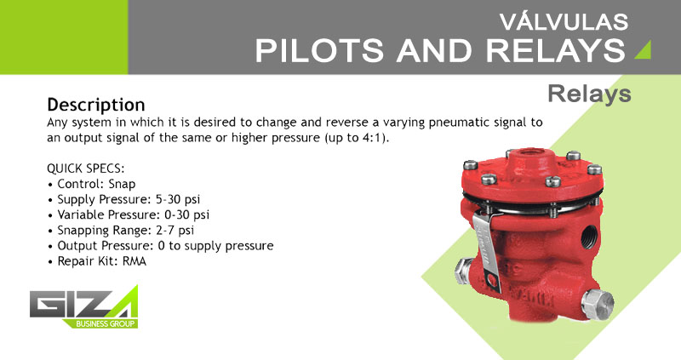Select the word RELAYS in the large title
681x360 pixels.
[556, 50]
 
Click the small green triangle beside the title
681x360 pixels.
[643, 49]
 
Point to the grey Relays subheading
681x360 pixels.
[589, 94]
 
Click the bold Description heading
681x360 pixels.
[96, 105]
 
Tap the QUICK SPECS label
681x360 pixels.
[86, 169]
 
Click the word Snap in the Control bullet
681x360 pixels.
[122, 184]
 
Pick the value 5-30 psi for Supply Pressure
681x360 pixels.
[178, 199]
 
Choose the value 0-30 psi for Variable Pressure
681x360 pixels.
[186, 215]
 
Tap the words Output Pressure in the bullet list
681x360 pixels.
[105, 246]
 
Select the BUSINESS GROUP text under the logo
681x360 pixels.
[105, 323]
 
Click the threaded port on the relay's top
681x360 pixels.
[526, 153]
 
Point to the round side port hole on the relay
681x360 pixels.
[588, 237]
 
